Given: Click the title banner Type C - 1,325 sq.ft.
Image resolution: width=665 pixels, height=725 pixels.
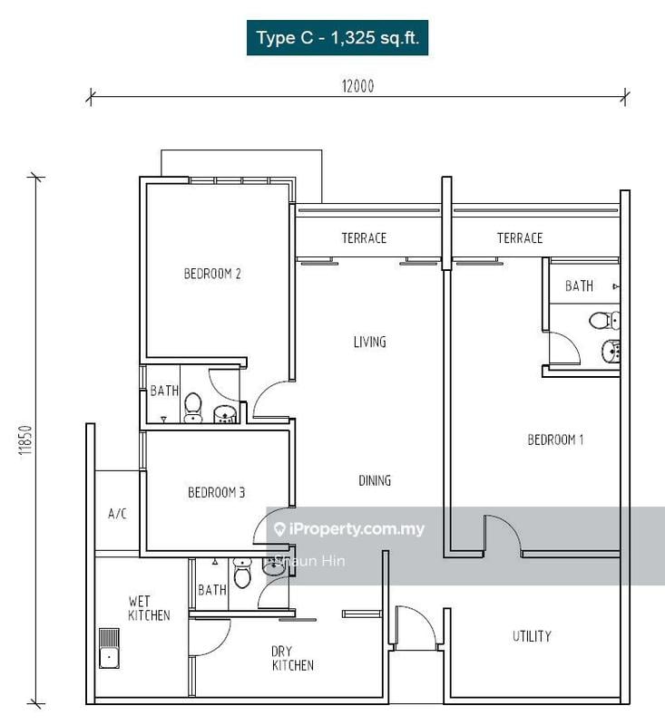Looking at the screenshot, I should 337,38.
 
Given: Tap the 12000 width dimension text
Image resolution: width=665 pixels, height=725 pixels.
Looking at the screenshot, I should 357,87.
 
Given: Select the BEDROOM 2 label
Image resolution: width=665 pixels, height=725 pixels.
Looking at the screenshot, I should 212,274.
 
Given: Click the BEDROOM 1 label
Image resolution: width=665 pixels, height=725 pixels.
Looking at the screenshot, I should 555,440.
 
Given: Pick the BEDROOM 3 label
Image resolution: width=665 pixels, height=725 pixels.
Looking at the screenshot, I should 216,493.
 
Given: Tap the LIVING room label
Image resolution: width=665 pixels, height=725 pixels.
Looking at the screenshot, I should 370,342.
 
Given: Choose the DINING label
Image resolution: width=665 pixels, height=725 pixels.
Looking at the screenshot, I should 374,480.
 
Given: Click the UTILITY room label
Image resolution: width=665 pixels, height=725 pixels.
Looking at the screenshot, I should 532,636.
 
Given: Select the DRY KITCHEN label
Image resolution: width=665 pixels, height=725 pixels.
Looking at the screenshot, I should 292,658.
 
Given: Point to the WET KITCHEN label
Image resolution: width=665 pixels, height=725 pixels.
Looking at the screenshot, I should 149,608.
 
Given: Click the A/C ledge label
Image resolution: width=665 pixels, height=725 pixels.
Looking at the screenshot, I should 117,514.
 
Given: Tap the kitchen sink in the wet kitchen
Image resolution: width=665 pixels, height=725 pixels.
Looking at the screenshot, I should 110,646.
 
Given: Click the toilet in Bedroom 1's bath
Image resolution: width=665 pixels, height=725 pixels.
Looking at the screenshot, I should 601,320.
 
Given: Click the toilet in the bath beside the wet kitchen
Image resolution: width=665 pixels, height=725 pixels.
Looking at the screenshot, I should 242,574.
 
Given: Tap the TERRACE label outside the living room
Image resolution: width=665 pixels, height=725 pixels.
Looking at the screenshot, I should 364,238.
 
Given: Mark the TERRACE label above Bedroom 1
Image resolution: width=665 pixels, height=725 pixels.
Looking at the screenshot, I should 520,238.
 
